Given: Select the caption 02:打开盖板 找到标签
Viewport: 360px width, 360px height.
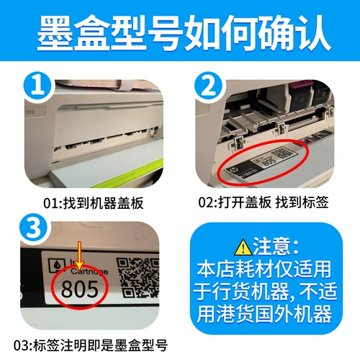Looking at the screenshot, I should coord(269,203).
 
